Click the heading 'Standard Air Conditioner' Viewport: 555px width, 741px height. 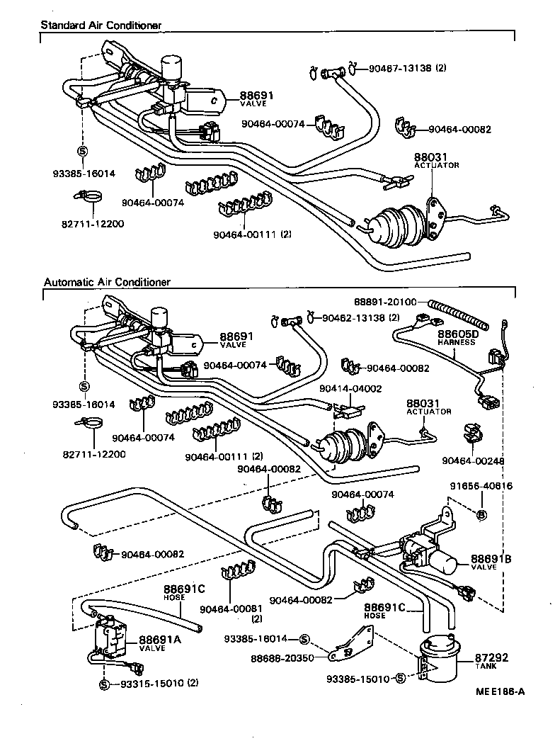(101, 26)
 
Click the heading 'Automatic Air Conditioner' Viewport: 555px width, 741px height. (107, 281)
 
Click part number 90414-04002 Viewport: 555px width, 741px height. (350, 389)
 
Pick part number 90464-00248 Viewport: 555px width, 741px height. (473, 460)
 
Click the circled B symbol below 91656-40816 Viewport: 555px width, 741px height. (481, 514)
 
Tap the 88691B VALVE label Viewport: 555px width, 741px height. (491, 562)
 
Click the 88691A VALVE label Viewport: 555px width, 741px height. (159, 642)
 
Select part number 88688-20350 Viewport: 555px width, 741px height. (283, 658)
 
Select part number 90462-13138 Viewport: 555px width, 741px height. (353, 317)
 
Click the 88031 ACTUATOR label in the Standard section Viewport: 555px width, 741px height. (436, 161)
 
